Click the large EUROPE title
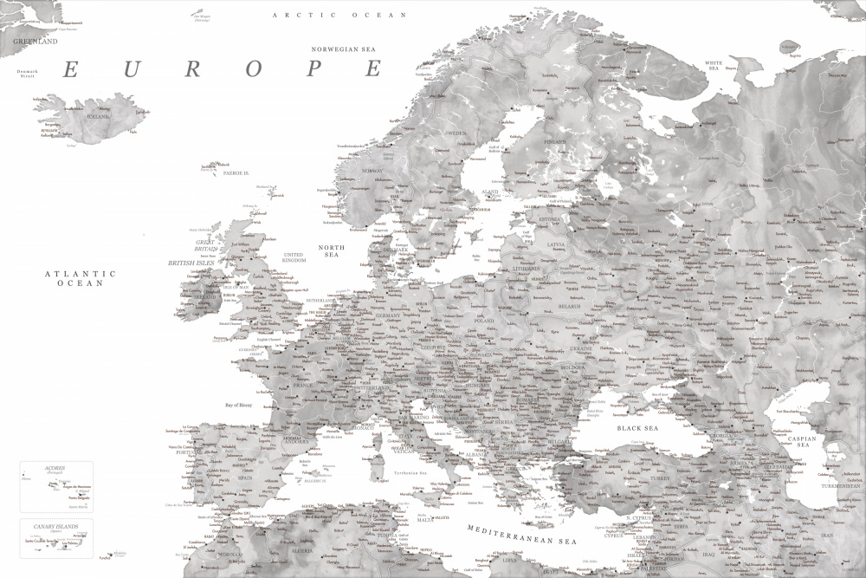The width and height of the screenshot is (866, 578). coord(223,69)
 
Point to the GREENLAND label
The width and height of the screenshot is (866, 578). coord(35,41)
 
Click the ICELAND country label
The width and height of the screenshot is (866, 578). coord(98,116)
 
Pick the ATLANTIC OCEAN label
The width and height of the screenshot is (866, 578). coord(80,278)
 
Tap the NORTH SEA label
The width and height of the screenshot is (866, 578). coord(331,251)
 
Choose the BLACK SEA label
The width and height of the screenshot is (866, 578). coord(637,428)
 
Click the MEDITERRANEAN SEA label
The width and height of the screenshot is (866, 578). coord(521,534)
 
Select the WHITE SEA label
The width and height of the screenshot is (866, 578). coord(714,65)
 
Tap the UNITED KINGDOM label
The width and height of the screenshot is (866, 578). coord(294,257)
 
